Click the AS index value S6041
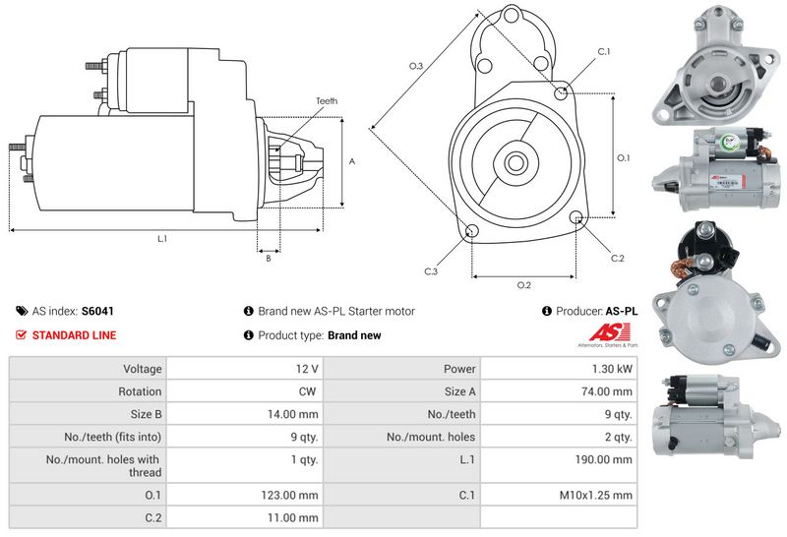pos(97,311)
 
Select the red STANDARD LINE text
pos(74,335)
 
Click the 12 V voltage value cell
pos(307,369)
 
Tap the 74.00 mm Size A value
pos(608,391)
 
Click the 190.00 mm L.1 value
pos(605,459)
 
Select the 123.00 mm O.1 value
pos(293,495)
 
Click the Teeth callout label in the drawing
pos(327,101)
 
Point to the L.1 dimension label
pos(161,239)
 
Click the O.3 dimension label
pos(416,66)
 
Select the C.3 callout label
pos(431,270)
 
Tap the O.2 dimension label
pos(524,285)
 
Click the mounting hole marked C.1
pos(561,93)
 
